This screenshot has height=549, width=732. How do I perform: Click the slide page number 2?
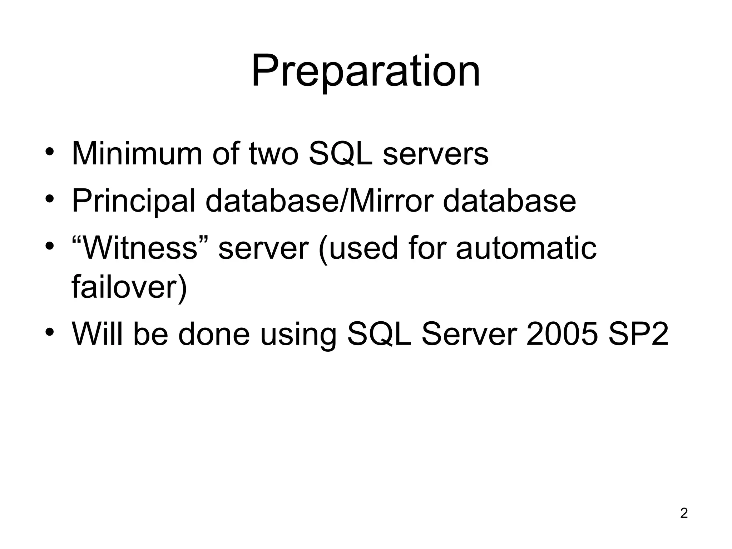(683, 513)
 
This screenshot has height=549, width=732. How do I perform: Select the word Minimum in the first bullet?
(137, 154)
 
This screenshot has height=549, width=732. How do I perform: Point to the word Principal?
(133, 201)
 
